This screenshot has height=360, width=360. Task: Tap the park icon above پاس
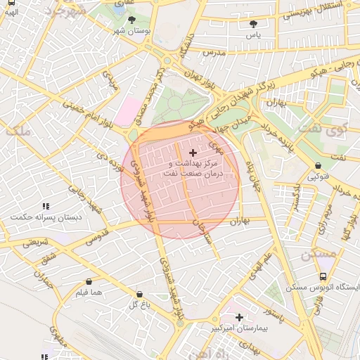click(252, 24)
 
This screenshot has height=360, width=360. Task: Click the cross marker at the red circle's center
click(193, 153)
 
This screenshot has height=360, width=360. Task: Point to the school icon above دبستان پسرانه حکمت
click(46, 207)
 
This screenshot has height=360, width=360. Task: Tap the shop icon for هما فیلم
click(88, 282)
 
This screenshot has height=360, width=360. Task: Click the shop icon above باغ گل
click(138, 294)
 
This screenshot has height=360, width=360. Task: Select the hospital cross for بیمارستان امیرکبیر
click(240, 317)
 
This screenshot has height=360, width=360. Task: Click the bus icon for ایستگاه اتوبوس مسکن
click(322, 277)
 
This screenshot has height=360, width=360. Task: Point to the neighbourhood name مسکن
click(316, 255)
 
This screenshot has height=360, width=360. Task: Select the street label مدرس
click(212, 53)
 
